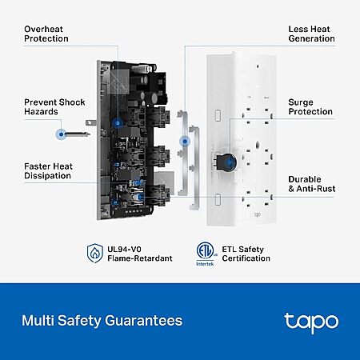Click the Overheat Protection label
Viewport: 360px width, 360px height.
pyautogui.click(x=46, y=34)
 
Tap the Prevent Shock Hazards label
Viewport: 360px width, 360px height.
pyautogui.click(x=54, y=107)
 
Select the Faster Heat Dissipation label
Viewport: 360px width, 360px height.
pyautogui.click(x=48, y=171)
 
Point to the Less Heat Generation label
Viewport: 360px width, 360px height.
pyautogui.click(x=311, y=34)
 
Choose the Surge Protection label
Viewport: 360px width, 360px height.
pyautogui.click(x=310, y=107)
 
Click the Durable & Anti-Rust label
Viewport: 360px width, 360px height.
pyautogui.click(x=312, y=184)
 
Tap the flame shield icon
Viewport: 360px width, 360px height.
pyautogui.click(x=95, y=253)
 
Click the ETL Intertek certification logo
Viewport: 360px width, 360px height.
pyautogui.click(x=206, y=254)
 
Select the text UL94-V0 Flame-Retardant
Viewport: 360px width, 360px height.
pyautogui.click(x=140, y=254)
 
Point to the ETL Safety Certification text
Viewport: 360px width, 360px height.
pyautogui.click(x=246, y=254)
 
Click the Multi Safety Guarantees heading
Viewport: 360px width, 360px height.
pyautogui.click(x=102, y=321)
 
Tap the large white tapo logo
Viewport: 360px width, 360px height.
pyautogui.click(x=311, y=322)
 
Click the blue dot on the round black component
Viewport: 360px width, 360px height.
pyautogui.click(x=230, y=162)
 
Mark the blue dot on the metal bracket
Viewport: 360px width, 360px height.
pyautogui.click(x=185, y=141)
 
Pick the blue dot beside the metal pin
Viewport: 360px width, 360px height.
pyautogui.click(x=62, y=134)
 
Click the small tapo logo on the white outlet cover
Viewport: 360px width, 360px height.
pyautogui.click(x=258, y=214)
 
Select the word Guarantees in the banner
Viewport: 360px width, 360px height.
pyautogui.click(x=143, y=321)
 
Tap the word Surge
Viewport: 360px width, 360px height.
pyautogui.click(x=301, y=102)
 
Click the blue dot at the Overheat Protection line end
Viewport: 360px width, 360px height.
pyautogui.click(x=118, y=123)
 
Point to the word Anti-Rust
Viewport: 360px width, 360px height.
pyautogui.click(x=316, y=189)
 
